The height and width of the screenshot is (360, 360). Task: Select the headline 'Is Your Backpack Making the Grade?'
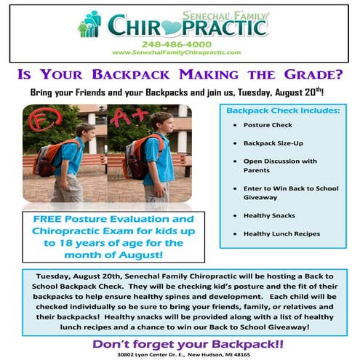[x=180, y=76]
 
